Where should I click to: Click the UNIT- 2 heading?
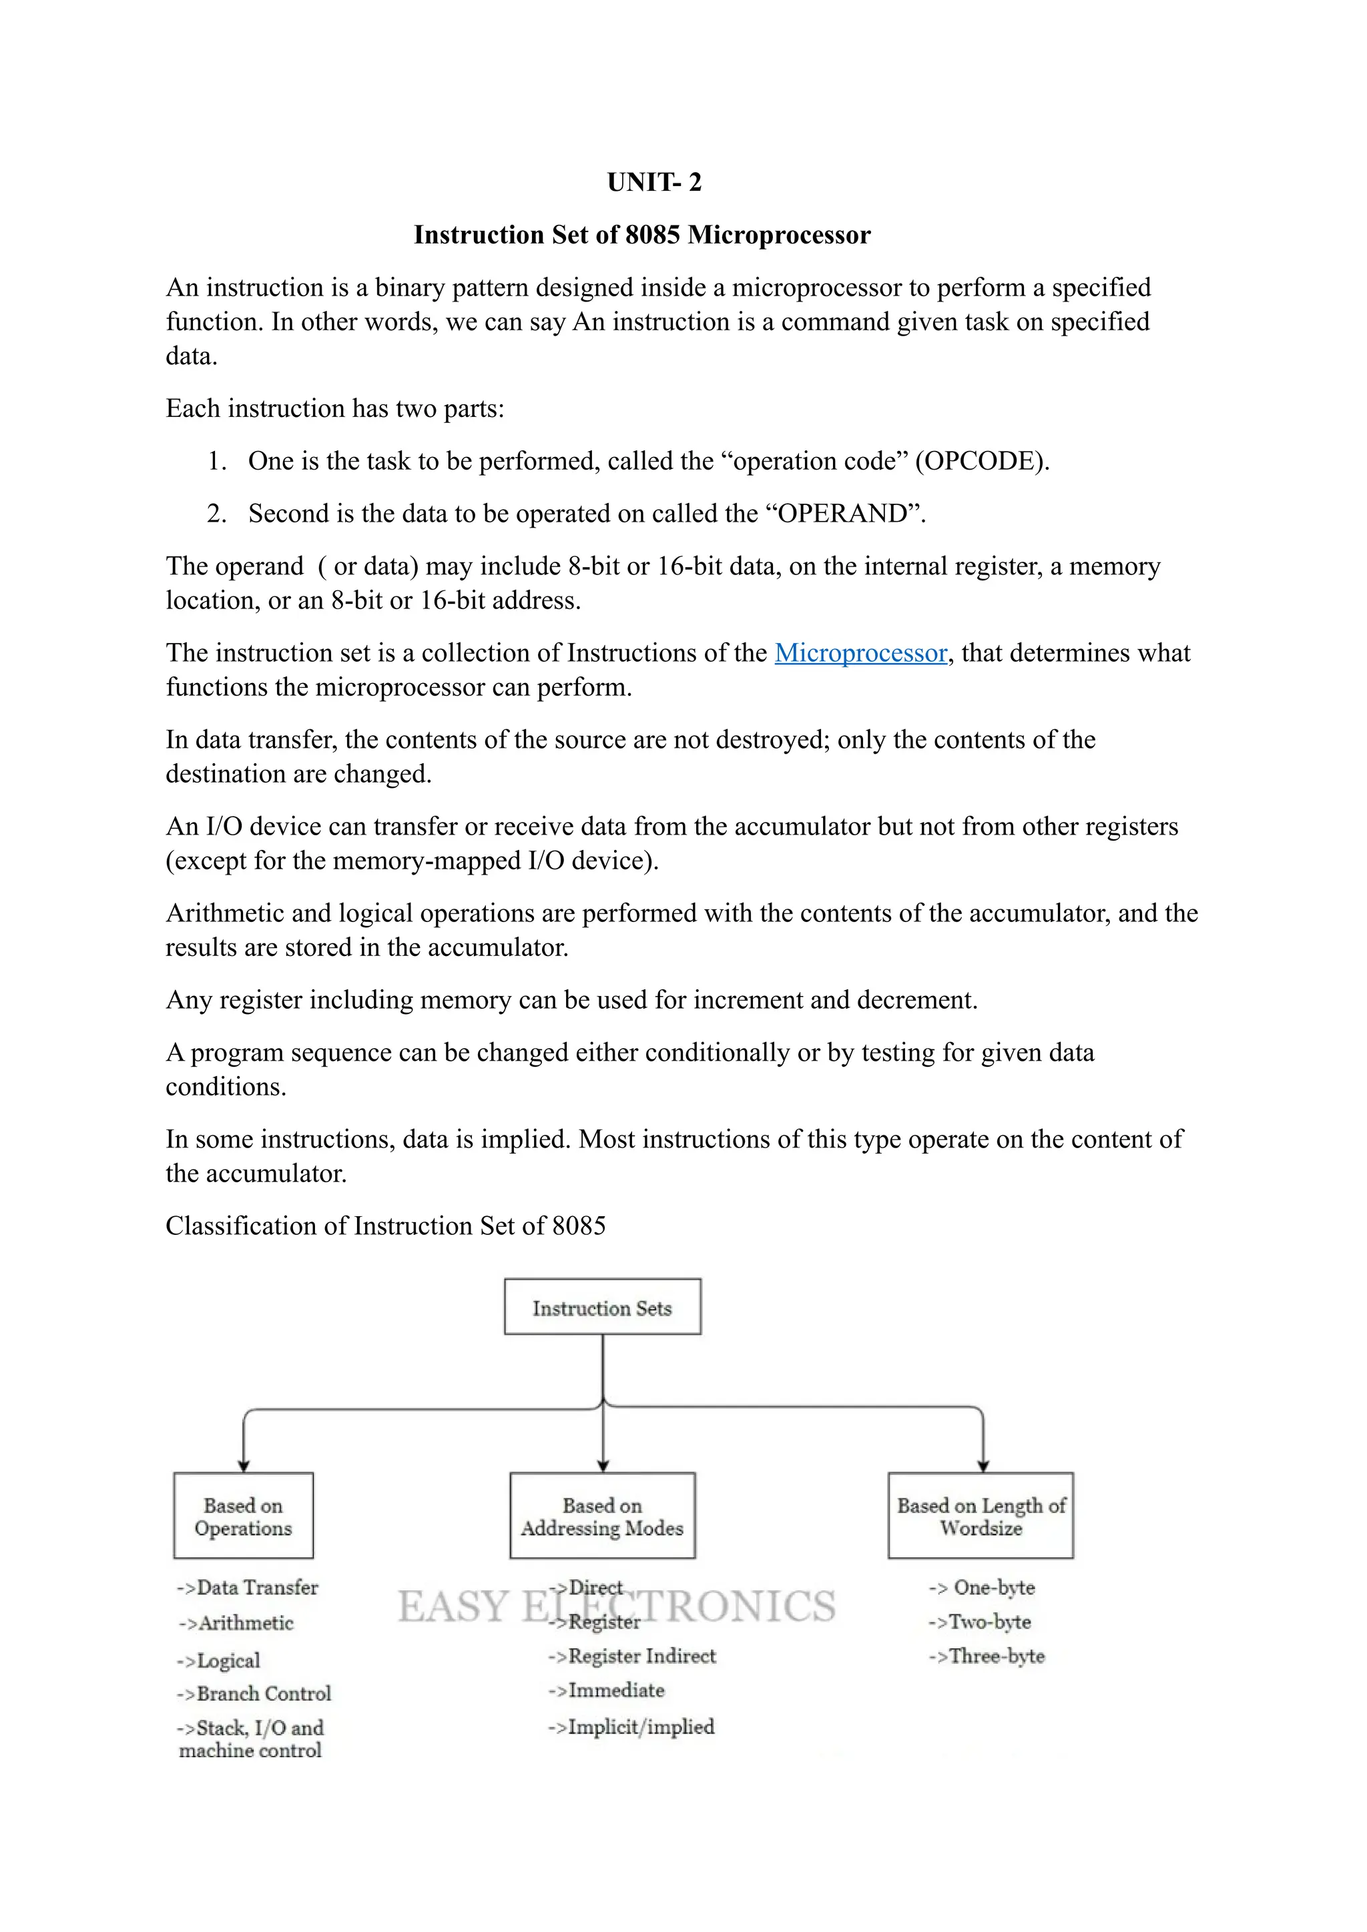coord(654,181)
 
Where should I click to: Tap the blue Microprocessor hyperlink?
coord(860,653)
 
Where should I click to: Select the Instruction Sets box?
coord(602,1307)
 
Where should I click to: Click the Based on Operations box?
coord(243,1516)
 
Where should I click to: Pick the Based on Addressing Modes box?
coord(602,1516)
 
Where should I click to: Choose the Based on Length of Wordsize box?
coord(981,1516)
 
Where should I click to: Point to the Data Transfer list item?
coord(248,1588)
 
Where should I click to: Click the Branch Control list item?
coord(254,1693)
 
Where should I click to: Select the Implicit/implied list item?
coord(631,1727)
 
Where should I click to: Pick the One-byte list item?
coord(983,1588)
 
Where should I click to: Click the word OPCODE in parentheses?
coord(983,461)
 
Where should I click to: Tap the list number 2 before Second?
coord(216,513)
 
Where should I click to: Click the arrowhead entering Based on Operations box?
coord(243,1466)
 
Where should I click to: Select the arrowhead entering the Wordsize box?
coord(983,1466)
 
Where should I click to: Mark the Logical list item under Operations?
coord(219,1660)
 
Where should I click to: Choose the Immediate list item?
coord(607,1690)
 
